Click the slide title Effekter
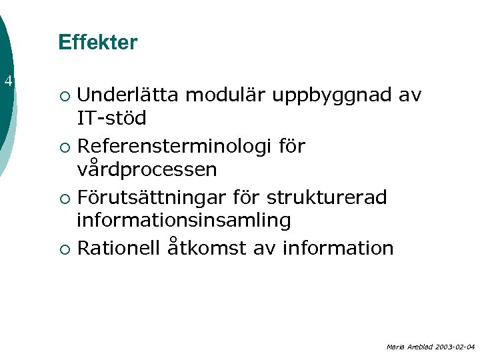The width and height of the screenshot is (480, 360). pyautogui.click(x=97, y=43)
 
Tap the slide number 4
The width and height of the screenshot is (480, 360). pyautogui.click(x=8, y=82)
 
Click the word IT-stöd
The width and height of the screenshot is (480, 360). pyautogui.click(x=111, y=119)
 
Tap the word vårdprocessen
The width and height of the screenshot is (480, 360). pyautogui.click(x=147, y=169)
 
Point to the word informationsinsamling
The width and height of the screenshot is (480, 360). pyautogui.click(x=183, y=220)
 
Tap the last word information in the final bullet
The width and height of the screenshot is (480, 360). pyautogui.click(x=338, y=248)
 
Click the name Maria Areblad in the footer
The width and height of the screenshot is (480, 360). pyautogui.click(x=405, y=347)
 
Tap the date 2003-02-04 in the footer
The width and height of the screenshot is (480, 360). pyautogui.click(x=451, y=347)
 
